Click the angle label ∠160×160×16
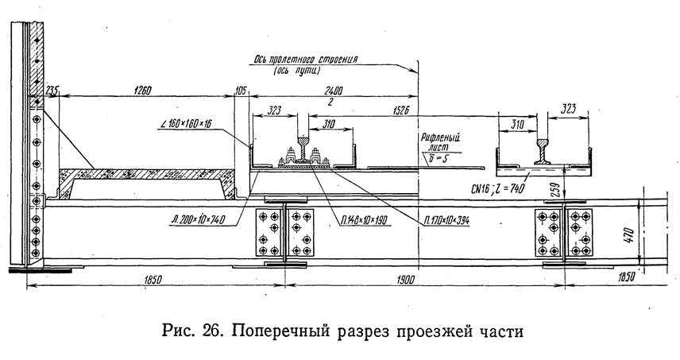tap(189, 125)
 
